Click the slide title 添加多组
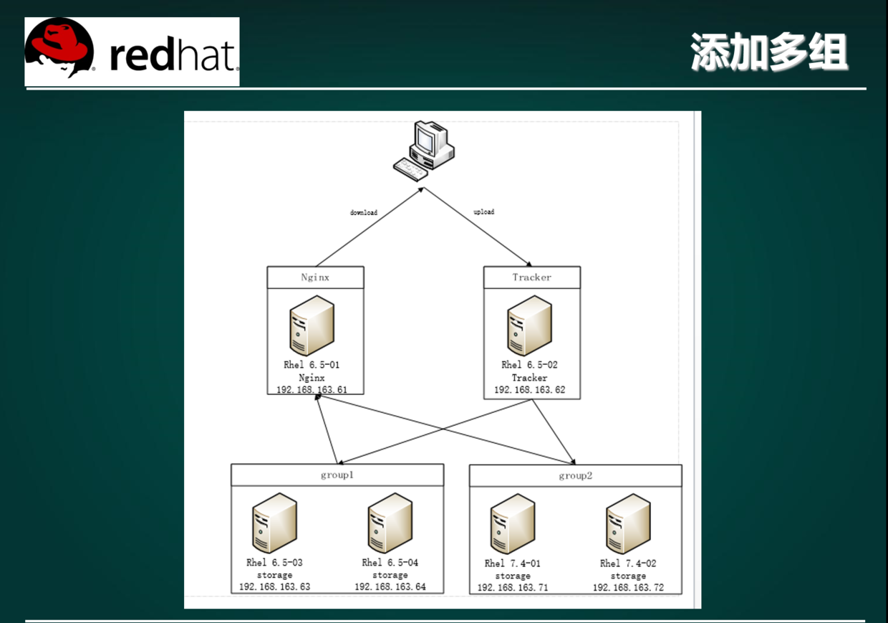(x=769, y=52)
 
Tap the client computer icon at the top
(x=424, y=150)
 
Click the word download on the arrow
(x=364, y=213)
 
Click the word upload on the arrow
(x=484, y=212)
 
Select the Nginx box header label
(x=315, y=277)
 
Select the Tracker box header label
(x=532, y=277)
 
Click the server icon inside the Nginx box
(x=312, y=325)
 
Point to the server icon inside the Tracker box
(x=529, y=326)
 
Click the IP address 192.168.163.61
(x=312, y=389)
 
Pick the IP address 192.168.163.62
(x=529, y=391)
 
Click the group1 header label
(x=337, y=475)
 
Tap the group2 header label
(x=575, y=476)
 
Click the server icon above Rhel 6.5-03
(x=274, y=523)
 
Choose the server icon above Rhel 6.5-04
(x=390, y=523)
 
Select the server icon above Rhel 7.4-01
(x=513, y=524)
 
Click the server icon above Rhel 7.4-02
(x=628, y=524)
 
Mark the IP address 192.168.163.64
(x=390, y=587)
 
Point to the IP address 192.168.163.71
(x=513, y=588)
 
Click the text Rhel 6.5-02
(x=529, y=365)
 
